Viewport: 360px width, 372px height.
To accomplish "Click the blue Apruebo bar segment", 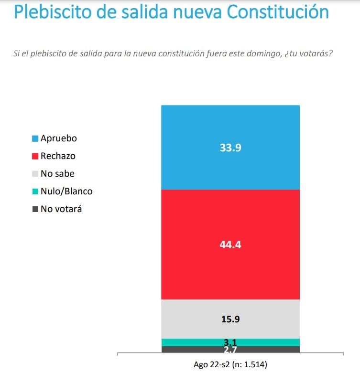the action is click(230, 148).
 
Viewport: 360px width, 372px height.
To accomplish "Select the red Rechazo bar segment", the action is click(230, 244).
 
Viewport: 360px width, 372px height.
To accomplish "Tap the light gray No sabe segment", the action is click(230, 319).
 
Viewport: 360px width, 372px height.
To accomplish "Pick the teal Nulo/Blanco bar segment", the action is click(230, 342).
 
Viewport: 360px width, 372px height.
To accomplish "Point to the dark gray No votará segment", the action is click(230, 350).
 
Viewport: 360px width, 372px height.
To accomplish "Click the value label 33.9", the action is click(230, 148).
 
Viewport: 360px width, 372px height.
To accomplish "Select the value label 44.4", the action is click(230, 244).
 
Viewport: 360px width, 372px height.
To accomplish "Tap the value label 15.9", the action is click(230, 319).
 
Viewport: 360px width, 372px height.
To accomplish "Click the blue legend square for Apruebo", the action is click(35, 138).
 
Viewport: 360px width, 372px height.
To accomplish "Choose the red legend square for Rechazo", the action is click(35, 156).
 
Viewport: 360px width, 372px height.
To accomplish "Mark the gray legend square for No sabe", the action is click(35, 174).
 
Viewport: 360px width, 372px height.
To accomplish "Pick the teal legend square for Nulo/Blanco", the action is click(35, 191).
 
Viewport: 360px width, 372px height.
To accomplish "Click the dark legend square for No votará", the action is click(35, 209).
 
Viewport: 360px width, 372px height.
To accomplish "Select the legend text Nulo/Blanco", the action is click(66, 191).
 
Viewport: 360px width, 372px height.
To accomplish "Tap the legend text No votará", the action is click(61, 209).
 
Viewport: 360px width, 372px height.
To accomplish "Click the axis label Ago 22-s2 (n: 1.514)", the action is click(230, 364).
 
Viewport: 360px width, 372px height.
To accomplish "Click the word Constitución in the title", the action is click(278, 11).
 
